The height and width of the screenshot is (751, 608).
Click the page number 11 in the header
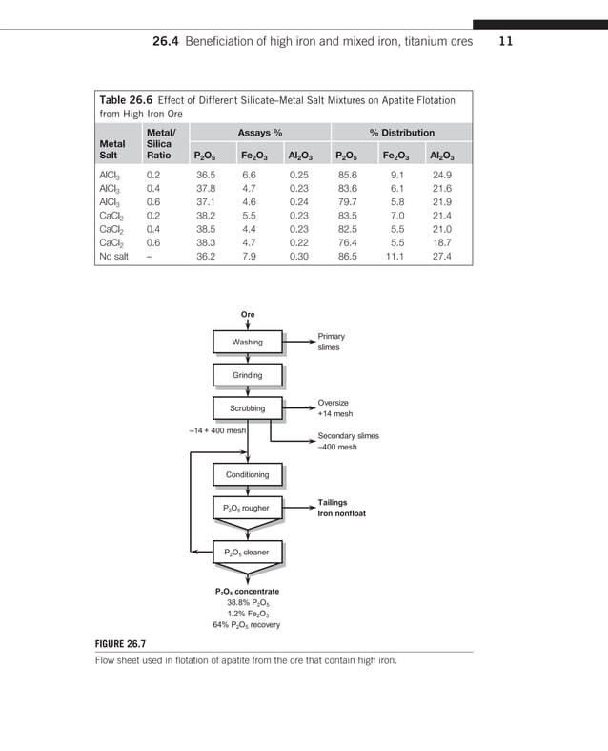pos(506,41)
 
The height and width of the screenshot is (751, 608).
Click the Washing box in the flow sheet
pos(247,343)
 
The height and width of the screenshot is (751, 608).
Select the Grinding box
pos(247,376)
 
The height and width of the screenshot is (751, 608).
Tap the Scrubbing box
pos(247,408)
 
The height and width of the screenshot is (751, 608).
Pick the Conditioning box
pos(247,474)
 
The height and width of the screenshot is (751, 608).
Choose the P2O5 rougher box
pos(247,508)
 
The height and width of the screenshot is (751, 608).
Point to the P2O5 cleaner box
pos(247,552)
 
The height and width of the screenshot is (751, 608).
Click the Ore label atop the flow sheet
pos(247,313)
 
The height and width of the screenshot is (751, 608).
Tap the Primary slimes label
pos(332,342)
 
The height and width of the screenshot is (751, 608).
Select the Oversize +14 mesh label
pos(334,408)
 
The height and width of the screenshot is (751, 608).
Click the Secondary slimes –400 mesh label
pos(348,441)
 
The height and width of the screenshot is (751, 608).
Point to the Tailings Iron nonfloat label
pos(341,508)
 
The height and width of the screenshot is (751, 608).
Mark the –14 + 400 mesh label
pos(217,430)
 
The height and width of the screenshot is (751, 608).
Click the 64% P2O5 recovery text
pos(246,625)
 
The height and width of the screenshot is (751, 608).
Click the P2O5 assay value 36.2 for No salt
pos(205,256)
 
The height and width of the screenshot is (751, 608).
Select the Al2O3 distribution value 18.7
pos(441,243)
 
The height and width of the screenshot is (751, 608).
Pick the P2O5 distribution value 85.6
pos(347,176)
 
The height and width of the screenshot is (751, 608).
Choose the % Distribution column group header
pos(401,133)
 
